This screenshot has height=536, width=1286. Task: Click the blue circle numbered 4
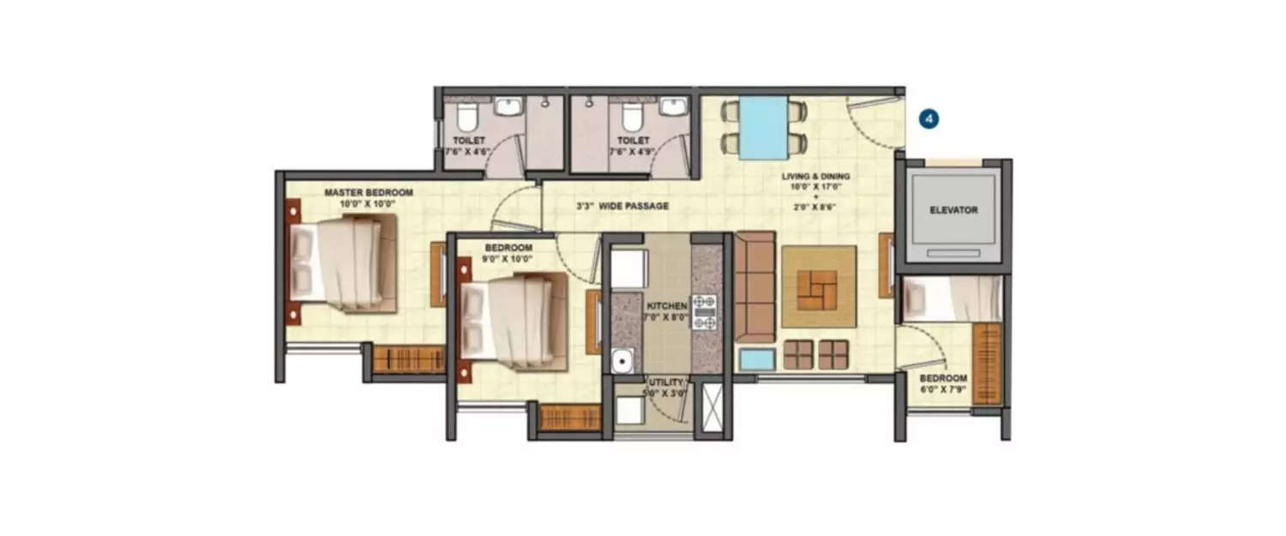coord(928,119)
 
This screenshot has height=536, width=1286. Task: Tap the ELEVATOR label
coord(953,209)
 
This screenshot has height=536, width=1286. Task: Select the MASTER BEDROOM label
coord(369,193)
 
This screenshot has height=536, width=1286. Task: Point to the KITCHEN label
coord(667,305)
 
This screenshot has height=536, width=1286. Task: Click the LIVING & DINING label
coord(815,178)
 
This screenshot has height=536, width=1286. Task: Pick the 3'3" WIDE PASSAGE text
coord(622,206)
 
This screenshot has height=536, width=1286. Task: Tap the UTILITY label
coord(666,382)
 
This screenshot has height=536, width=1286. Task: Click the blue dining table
coord(764,128)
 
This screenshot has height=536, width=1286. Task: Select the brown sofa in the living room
coord(755,285)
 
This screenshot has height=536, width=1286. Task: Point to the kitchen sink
coord(622,361)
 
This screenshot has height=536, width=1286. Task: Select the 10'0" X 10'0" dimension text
coord(368,204)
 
